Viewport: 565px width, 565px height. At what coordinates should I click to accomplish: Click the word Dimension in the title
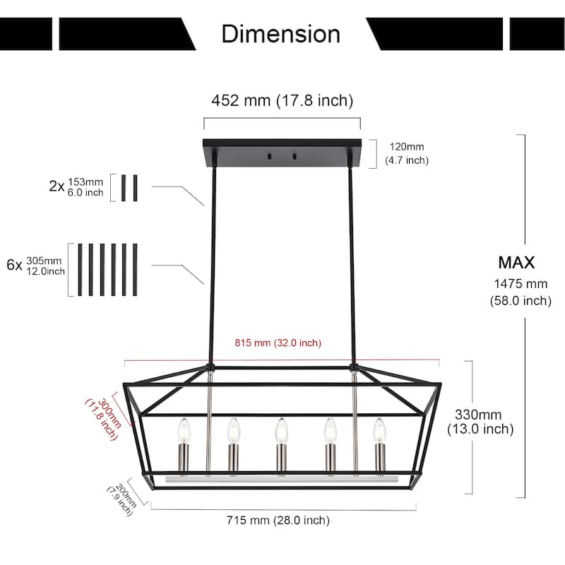pos(280,33)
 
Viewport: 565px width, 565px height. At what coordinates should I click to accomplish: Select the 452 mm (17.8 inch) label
pos(282,101)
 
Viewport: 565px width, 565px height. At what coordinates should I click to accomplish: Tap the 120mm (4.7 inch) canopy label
pos(406,153)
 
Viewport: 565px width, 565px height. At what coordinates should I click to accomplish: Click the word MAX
pos(516,263)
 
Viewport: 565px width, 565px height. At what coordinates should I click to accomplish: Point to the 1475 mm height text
pos(520,285)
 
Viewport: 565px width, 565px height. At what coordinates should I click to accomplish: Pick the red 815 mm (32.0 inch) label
pos(278,343)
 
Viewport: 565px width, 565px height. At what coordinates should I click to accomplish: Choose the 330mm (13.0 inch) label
pos(480,422)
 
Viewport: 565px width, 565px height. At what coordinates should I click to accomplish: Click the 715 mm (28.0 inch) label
pos(278,521)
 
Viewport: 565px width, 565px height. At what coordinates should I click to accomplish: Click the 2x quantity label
pos(56,187)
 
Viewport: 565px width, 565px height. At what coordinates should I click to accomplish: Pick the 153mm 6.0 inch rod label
pos(85,187)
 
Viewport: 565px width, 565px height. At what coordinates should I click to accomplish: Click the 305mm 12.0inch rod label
pos(45,266)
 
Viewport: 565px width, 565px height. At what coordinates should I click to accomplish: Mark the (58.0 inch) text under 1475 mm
pos(520,301)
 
